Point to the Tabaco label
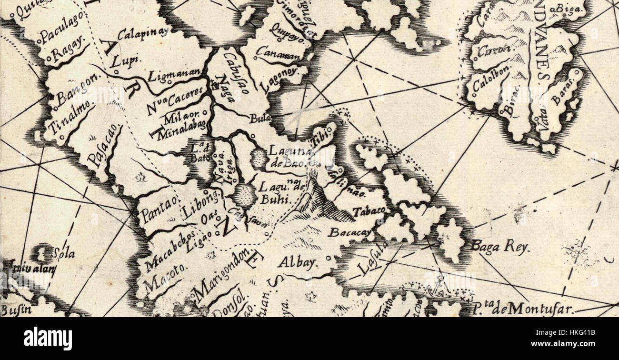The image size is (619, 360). click(369, 211)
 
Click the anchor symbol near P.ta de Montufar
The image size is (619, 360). click(440, 288)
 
